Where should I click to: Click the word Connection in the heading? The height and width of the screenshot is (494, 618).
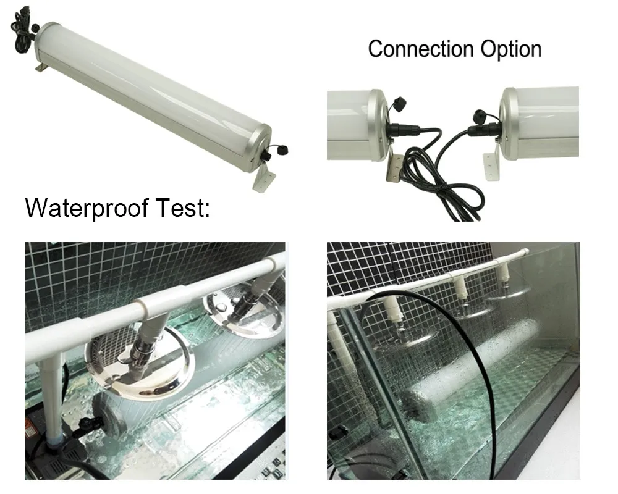410,49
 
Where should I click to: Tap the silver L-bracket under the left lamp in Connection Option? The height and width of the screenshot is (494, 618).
390,170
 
